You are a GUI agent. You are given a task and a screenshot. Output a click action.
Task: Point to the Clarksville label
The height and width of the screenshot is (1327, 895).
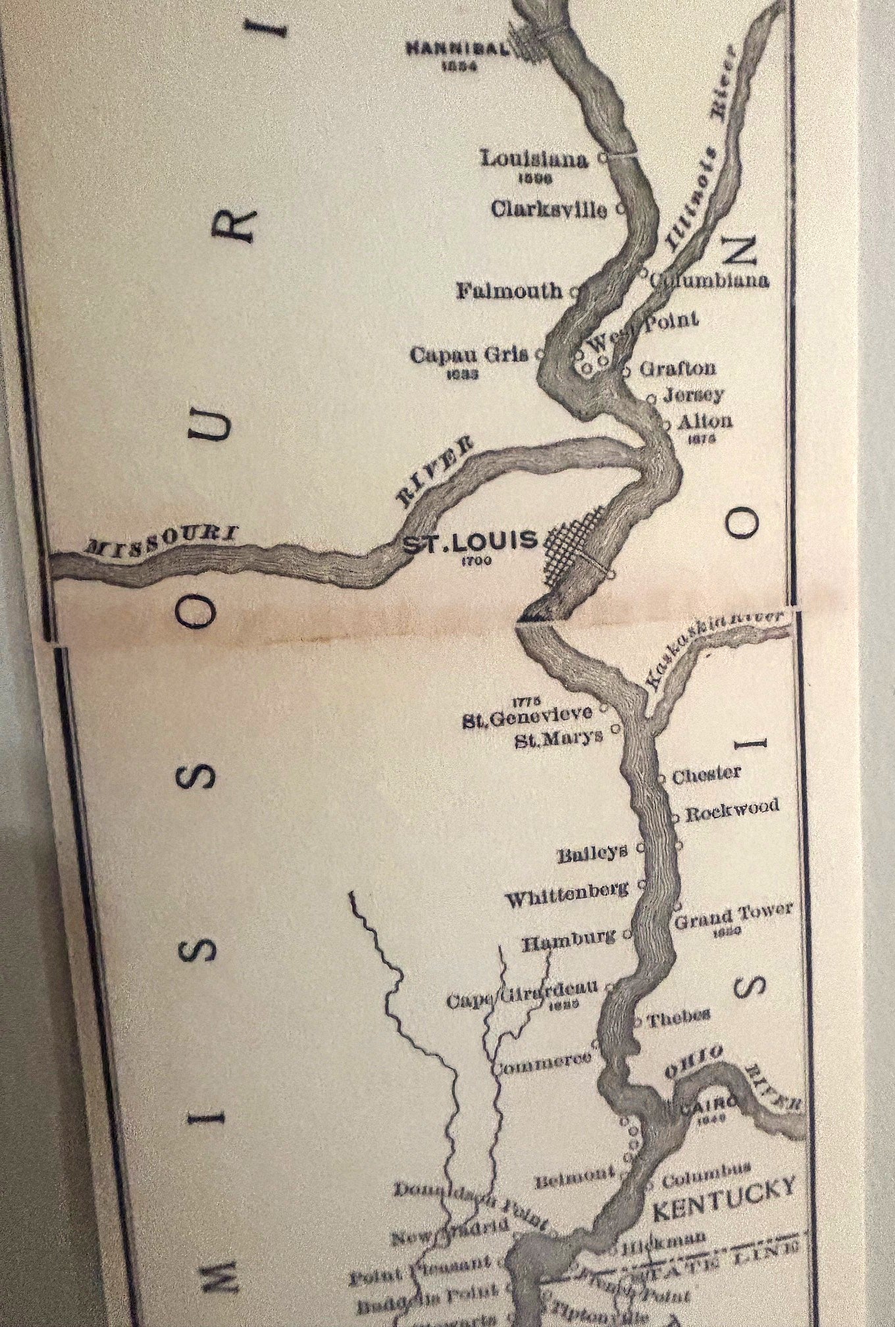(x=550, y=209)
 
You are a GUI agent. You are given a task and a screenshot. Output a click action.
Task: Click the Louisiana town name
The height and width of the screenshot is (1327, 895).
(x=534, y=159)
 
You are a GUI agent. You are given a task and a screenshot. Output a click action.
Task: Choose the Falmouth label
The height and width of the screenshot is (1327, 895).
(x=510, y=290)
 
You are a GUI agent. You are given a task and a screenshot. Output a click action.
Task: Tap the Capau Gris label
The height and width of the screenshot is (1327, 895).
(x=469, y=355)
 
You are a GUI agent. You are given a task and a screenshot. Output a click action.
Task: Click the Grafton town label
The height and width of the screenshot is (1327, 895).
(x=678, y=368)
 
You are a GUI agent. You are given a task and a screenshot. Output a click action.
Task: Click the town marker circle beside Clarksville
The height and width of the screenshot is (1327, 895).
(x=620, y=209)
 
